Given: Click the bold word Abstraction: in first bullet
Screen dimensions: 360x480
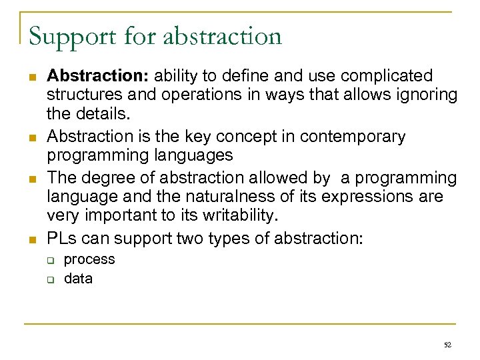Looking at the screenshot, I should [x=94, y=76].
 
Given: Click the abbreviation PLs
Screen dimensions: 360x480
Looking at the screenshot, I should [x=61, y=239].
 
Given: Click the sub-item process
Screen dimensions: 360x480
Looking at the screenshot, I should [x=89, y=259].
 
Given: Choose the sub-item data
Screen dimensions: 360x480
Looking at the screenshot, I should [x=78, y=279].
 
